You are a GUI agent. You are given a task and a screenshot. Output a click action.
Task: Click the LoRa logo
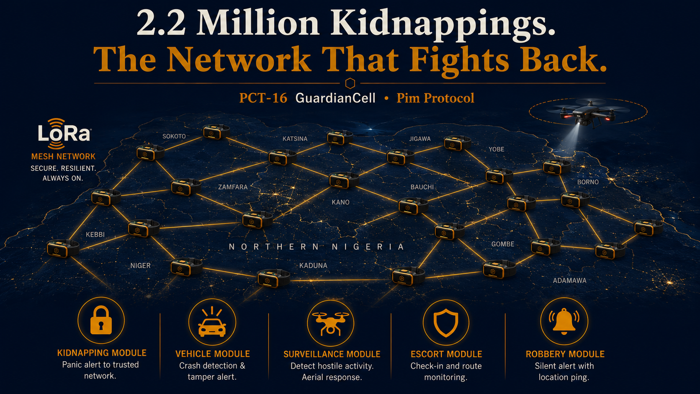(64, 134)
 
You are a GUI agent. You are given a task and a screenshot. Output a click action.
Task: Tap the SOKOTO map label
(174, 136)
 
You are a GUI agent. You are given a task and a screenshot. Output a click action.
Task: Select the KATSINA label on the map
(295, 139)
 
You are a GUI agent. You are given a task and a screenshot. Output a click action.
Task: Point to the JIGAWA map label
(420, 139)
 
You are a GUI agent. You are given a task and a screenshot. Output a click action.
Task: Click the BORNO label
(588, 182)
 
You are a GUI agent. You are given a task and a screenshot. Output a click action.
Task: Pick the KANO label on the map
(341, 202)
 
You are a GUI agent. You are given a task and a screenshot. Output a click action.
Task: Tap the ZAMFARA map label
(233, 187)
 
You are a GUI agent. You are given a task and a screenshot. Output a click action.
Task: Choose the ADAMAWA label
(570, 281)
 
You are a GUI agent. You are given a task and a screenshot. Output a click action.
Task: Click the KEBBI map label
(95, 234)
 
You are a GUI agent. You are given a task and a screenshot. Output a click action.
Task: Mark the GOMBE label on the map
(503, 244)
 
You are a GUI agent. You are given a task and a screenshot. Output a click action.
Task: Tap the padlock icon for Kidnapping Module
(101, 320)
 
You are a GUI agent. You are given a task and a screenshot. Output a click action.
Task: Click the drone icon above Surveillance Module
(331, 323)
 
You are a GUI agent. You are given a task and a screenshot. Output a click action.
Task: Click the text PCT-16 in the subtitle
(263, 98)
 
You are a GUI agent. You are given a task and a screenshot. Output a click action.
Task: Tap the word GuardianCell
(335, 98)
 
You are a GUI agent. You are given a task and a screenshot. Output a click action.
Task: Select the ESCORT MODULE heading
(446, 354)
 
